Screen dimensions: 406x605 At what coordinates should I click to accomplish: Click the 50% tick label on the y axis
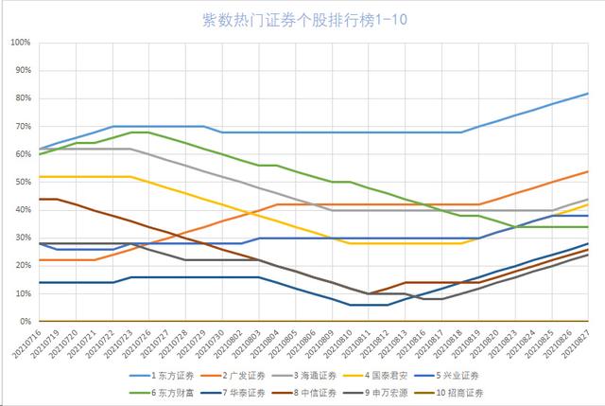point(22,183)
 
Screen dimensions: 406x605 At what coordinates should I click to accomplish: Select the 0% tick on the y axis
point(24,322)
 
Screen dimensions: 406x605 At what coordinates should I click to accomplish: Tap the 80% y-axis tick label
point(22,99)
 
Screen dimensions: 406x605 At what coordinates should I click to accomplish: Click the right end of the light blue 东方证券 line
point(588,94)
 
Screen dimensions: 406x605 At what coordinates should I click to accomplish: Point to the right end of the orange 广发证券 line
point(588,171)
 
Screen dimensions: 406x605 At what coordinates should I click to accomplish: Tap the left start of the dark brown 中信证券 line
point(40,199)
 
